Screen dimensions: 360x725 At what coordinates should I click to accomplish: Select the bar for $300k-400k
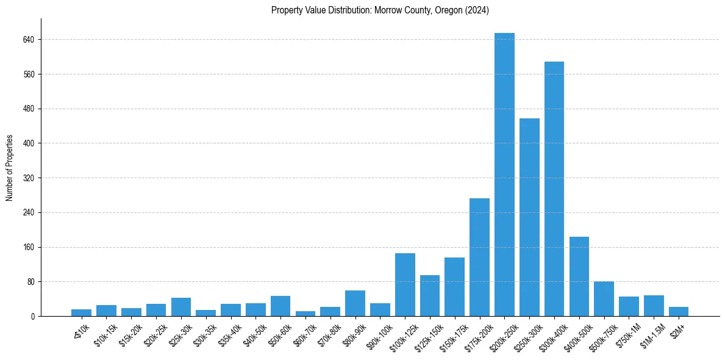[x=554, y=189]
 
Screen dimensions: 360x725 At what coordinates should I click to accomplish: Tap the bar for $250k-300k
[x=529, y=217]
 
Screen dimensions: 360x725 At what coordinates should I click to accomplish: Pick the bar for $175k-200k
[x=479, y=257]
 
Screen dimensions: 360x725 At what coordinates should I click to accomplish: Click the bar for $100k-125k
[x=405, y=284]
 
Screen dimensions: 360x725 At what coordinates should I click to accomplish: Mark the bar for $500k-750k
[x=604, y=299]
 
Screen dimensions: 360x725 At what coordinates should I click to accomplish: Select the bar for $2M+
[x=678, y=312]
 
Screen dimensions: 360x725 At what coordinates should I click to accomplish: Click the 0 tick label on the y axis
[x=32, y=317]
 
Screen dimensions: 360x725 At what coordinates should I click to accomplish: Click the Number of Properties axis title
[x=10, y=168]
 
